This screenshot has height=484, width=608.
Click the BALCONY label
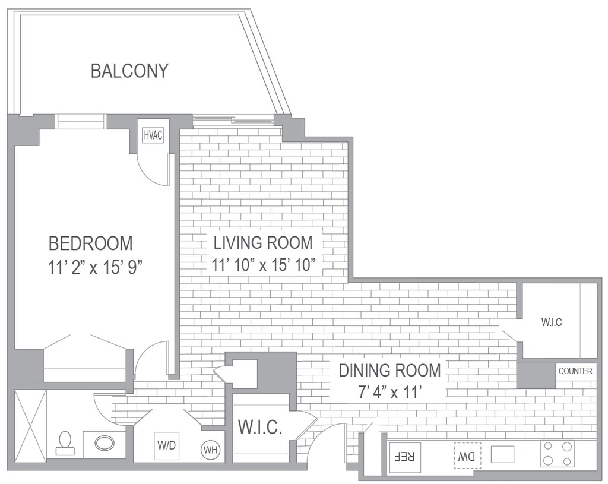[129, 71]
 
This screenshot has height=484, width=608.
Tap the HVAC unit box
[153, 135]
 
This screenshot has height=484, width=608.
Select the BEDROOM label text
[91, 243]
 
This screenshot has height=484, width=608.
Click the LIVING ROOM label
[263, 243]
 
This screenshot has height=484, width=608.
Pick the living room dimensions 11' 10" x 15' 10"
[262, 265]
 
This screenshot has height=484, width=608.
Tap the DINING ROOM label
[389, 371]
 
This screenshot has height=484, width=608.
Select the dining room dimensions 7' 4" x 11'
[389, 393]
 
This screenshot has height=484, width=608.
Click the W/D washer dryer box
[167, 445]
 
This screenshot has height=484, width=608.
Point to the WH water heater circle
[210, 450]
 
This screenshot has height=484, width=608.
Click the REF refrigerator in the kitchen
[404, 457]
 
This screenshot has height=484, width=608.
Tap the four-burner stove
[558, 453]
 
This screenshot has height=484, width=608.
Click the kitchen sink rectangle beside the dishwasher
[502, 454]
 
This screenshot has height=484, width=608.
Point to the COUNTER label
[575, 371]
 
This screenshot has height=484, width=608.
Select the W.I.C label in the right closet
[552, 322]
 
